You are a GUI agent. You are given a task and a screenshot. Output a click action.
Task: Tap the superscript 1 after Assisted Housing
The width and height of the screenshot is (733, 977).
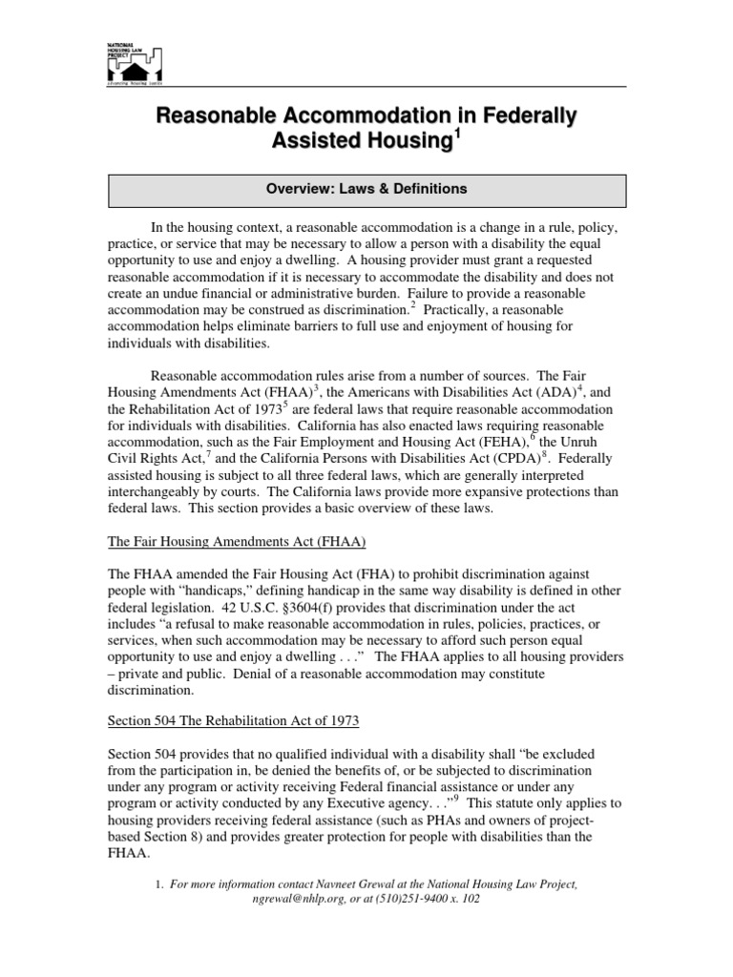point(456,135)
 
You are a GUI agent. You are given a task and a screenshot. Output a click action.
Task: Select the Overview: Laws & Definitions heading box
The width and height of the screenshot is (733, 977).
point(366,189)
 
